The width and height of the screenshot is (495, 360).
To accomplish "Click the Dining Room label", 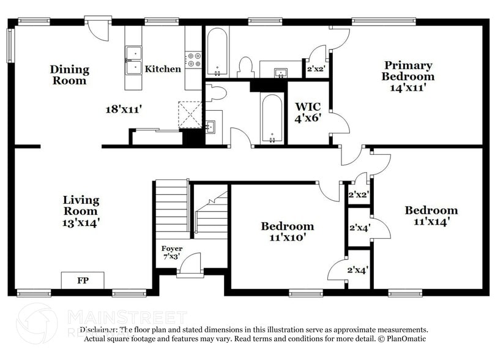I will point(69,75).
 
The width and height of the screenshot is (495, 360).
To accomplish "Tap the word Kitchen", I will point(163,69).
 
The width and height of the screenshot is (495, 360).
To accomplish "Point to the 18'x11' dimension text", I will point(124,110).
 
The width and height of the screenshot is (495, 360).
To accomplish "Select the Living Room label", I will point(81,206).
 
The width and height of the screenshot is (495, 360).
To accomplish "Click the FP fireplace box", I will point(82,281).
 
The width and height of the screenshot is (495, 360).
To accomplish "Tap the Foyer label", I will point(172,249).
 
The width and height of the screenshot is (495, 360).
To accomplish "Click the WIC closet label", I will point(308,107).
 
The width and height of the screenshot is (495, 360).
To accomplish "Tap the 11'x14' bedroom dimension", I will point(431,222).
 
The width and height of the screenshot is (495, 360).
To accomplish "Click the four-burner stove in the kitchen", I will point(194,59).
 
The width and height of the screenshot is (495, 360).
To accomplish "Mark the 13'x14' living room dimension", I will point(81,223).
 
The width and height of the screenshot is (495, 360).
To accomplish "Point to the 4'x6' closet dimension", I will point(308,118).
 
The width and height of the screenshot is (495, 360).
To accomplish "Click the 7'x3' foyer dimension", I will point(172,257).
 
